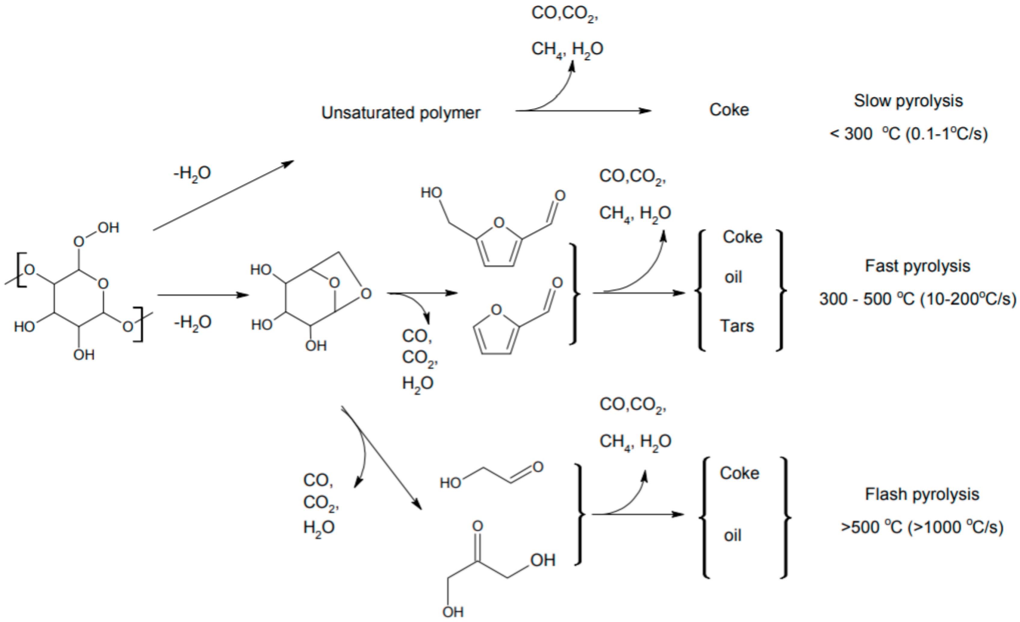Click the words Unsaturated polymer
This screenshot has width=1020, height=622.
click(400, 113)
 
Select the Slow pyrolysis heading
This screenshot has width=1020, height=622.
click(908, 101)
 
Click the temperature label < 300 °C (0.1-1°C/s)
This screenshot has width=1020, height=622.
click(909, 134)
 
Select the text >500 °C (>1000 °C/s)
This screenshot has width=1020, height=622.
click(922, 527)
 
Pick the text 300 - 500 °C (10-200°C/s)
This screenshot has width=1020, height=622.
click(917, 298)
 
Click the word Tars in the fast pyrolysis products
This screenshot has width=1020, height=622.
click(737, 326)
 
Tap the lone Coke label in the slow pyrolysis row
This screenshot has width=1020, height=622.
click(729, 110)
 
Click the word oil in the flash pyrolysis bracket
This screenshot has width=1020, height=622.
click(732, 536)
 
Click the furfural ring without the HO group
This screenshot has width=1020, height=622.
click(495, 333)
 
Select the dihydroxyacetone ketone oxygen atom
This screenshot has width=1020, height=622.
click(477, 526)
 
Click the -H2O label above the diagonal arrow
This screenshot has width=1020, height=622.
click(192, 173)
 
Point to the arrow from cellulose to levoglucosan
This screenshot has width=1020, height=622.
click(203, 295)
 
